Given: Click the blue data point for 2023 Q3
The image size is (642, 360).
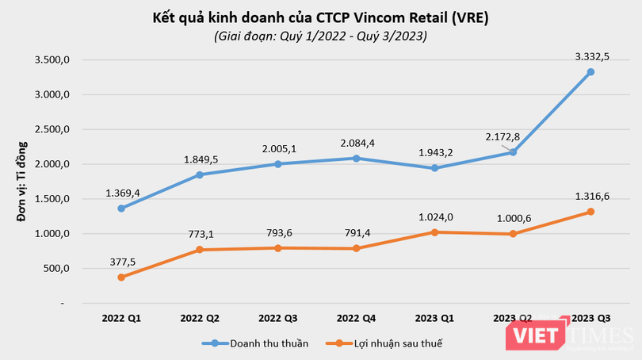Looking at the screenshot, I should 590,72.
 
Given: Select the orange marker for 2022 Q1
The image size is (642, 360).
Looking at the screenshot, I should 121,278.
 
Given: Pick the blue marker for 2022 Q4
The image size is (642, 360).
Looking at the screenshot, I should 356,159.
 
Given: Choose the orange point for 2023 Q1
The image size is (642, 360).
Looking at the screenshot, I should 434,232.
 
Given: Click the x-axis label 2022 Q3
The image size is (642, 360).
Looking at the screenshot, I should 277,319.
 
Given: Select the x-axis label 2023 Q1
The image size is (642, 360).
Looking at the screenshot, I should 434,319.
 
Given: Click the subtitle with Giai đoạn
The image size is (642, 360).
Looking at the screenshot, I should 320,36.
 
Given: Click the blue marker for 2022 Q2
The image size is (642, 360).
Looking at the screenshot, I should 200,174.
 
